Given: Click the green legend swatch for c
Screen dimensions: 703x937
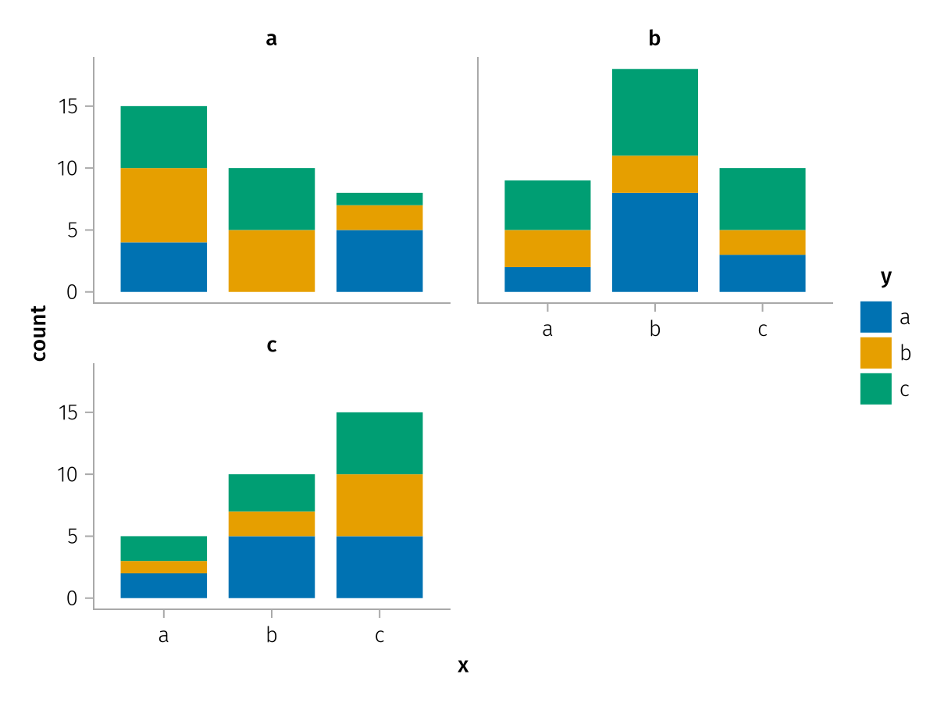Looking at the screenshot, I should [x=875, y=389].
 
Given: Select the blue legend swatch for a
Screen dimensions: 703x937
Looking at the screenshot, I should [x=875, y=317].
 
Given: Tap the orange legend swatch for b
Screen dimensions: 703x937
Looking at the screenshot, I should [x=875, y=353].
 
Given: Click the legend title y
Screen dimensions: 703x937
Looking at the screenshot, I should [x=885, y=277].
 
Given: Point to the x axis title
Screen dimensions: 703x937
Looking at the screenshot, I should [x=463, y=666].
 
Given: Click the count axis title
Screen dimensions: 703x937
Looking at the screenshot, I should [x=39, y=333].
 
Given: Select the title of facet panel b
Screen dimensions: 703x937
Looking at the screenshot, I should [x=654, y=38].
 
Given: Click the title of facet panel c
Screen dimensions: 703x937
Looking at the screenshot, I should [x=271, y=344].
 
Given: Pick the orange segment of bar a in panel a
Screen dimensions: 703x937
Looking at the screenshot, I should [x=163, y=205].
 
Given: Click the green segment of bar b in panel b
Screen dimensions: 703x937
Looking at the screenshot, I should [x=654, y=112].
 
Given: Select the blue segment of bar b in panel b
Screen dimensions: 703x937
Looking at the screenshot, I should [x=654, y=242].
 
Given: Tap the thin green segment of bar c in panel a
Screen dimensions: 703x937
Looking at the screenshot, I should [x=379, y=199].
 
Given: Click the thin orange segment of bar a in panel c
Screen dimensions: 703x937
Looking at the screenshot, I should [x=163, y=567].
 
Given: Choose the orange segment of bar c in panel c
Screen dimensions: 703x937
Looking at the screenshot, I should [x=379, y=505].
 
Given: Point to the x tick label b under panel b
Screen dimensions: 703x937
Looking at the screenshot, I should [x=654, y=329].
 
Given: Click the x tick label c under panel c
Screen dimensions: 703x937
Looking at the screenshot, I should [x=379, y=635].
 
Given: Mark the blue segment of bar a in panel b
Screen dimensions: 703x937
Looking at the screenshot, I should [x=547, y=280].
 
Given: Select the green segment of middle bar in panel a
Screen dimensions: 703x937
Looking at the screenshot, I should [x=271, y=199].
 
